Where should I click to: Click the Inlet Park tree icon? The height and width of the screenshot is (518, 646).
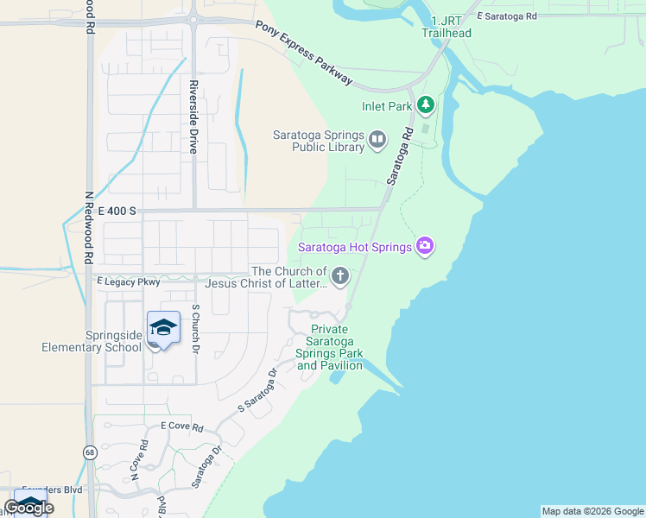425,105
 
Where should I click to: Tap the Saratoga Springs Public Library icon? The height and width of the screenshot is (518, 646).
377,139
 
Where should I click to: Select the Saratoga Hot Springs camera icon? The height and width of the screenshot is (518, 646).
424,247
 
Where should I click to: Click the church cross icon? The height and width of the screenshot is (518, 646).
340,276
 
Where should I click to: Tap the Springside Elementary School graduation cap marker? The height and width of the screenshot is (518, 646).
163,328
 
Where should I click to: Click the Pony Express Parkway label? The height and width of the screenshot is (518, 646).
304,53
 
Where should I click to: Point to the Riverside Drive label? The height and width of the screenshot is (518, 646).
194,117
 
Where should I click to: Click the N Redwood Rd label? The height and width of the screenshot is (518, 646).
88,228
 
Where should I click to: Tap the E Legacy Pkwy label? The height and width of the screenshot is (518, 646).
129,281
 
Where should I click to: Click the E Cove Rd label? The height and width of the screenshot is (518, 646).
181,427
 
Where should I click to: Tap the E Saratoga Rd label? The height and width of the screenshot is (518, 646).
506,16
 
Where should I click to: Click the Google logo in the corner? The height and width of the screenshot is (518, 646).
28,507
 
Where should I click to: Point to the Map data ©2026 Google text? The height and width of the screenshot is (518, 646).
592,511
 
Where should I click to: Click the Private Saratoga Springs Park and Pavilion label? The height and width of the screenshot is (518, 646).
329,347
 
